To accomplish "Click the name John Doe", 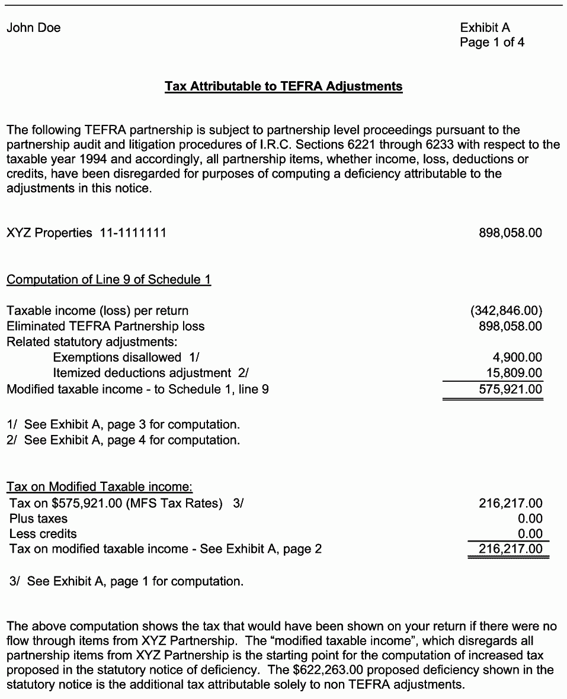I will click(34, 28).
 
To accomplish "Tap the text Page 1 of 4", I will click(492, 43).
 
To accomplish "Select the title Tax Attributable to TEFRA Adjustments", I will click(283, 86).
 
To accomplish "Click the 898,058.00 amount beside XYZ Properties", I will click(510, 233).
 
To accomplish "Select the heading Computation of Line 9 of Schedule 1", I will click(108, 280).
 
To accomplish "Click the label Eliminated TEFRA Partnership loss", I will click(105, 326).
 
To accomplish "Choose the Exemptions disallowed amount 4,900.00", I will click(517, 357).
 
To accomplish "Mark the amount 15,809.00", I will click(514, 373).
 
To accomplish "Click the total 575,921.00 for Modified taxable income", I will click(510, 389).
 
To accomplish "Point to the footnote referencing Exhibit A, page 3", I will click(123, 425).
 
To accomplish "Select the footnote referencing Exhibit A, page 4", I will click(123, 440).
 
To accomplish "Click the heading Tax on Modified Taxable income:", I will click(100, 487).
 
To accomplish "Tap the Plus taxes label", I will click(39, 519).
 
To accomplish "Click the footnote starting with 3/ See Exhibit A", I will click(127, 582).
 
